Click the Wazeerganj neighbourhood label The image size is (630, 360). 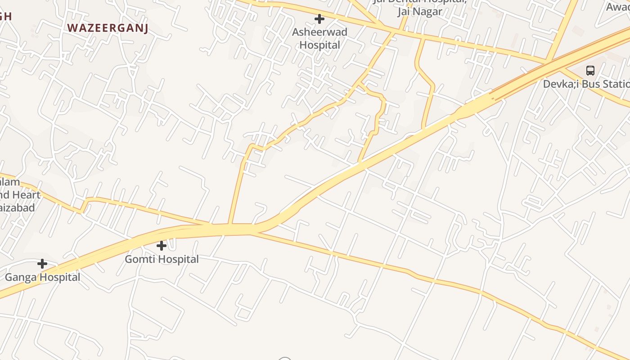tap(108, 28)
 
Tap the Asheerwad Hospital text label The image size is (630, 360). tap(319, 39)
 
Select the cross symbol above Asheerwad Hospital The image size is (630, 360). tap(319, 19)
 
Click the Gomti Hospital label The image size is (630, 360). tap(162, 259)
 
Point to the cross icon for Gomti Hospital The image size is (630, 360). tap(162, 246)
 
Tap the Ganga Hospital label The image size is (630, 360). tap(42, 277)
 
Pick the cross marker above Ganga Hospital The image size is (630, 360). tap(42, 264)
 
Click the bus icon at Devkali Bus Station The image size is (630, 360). tap(590, 71)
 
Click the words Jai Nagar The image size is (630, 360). tap(419, 12)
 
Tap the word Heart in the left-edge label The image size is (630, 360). tap(26, 195)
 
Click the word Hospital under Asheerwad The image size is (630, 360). tap(319, 45)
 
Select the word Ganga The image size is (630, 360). tap(20, 277)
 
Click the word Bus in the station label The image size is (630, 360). tap(590, 84)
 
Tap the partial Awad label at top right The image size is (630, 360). tap(617, 7)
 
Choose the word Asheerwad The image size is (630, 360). tap(319, 32)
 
